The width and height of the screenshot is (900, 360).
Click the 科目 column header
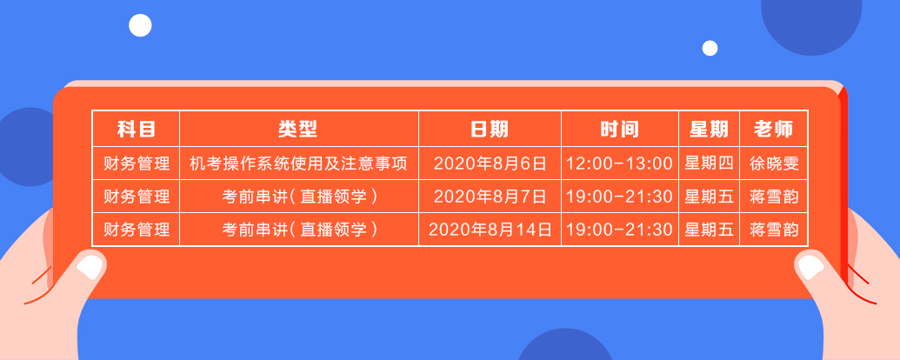point(136,130)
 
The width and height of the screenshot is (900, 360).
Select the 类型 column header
point(298,130)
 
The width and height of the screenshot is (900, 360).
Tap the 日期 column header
point(490,130)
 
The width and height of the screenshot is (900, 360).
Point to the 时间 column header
point(619,130)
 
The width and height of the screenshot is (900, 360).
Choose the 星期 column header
point(709,130)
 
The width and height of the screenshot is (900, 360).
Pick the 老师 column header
point(773,130)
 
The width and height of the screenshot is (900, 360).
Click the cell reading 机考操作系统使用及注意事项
point(298,163)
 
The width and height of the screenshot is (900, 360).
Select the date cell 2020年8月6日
point(490,163)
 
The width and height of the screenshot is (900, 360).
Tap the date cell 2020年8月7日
point(490,197)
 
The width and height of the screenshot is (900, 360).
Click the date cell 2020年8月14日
point(490,230)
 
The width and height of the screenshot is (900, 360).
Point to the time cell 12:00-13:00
point(619,163)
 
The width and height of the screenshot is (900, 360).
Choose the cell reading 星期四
point(709,163)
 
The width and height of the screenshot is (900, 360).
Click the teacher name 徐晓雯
point(773,163)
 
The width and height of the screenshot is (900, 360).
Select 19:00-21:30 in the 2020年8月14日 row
point(619,230)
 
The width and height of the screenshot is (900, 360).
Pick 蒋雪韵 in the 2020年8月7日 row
point(773,197)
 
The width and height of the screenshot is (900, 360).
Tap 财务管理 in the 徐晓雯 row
point(136,163)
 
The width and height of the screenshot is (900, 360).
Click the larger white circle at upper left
point(140,25)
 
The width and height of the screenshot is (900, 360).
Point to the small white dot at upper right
point(710,48)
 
